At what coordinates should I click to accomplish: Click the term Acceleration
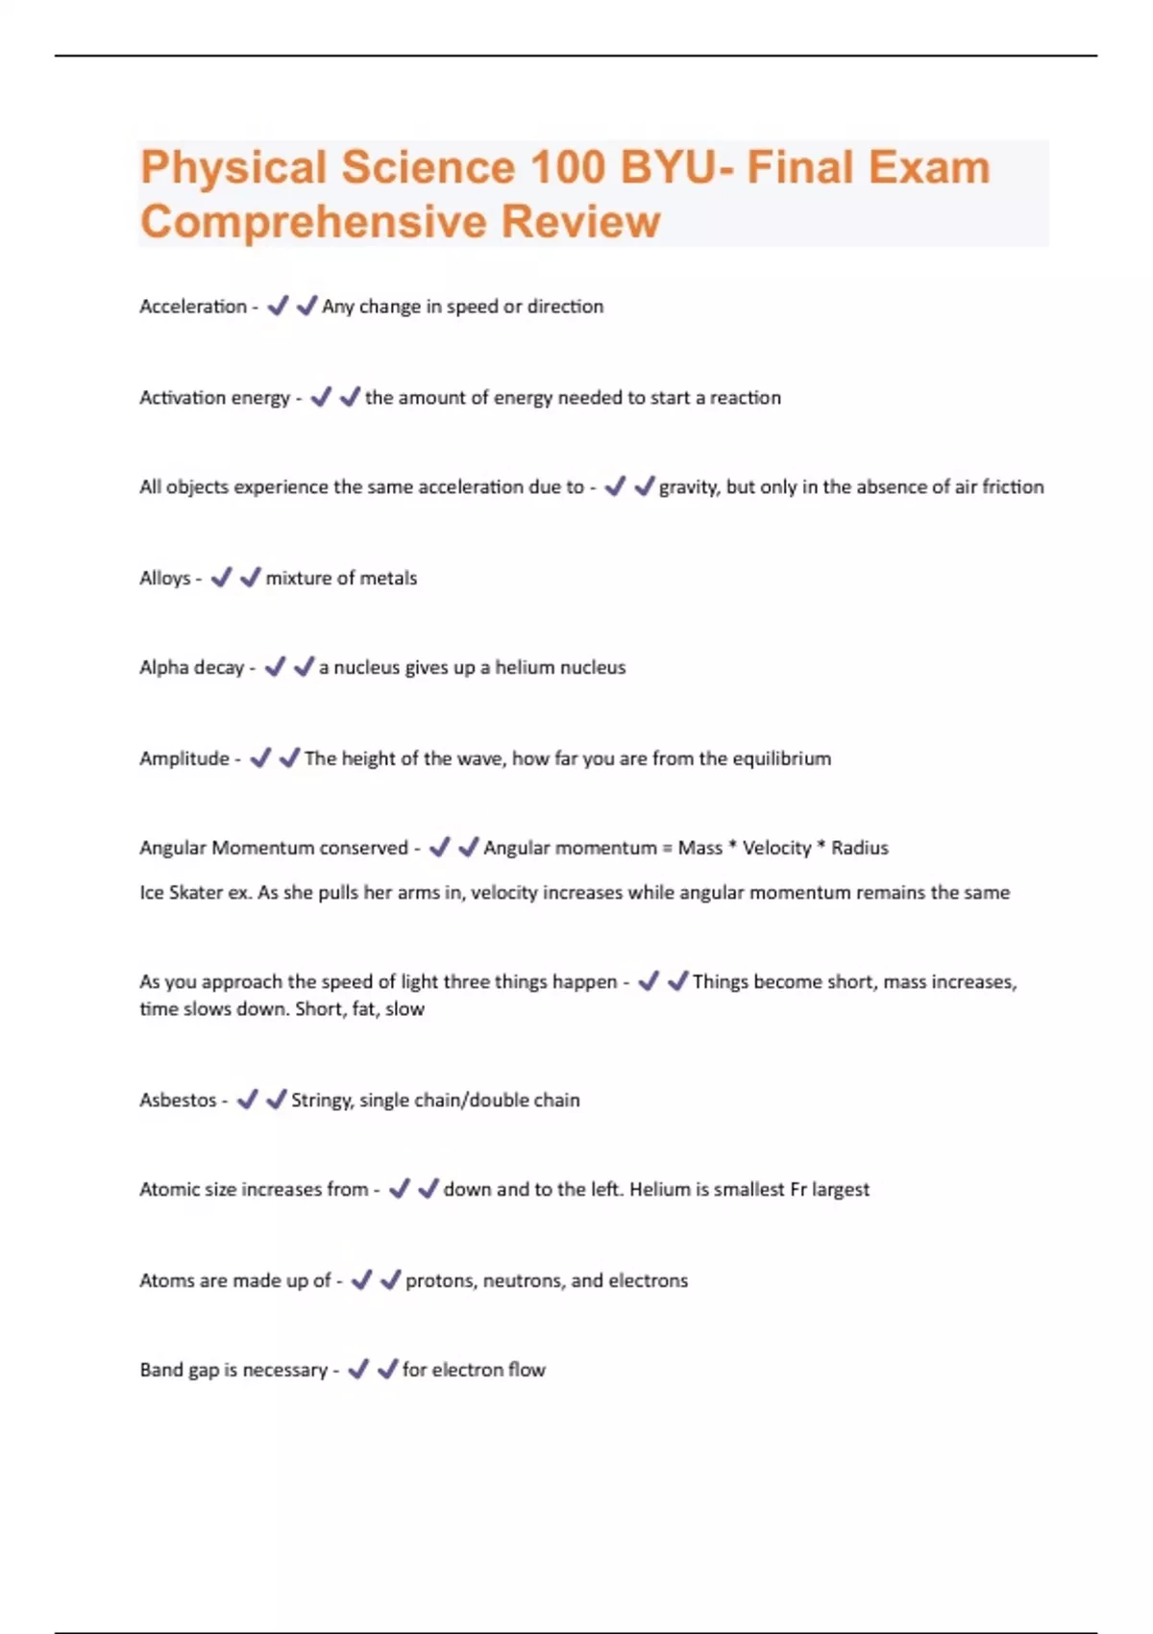coord(193,307)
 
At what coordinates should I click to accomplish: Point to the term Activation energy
coord(214,398)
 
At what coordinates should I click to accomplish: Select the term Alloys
coord(165,579)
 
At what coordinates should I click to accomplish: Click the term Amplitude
coord(184,758)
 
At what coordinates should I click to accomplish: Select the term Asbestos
coord(178,1101)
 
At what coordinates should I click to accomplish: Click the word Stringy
coord(322,1101)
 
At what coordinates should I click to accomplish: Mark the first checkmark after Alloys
coord(221,578)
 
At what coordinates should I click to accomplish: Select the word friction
coord(1013,487)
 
